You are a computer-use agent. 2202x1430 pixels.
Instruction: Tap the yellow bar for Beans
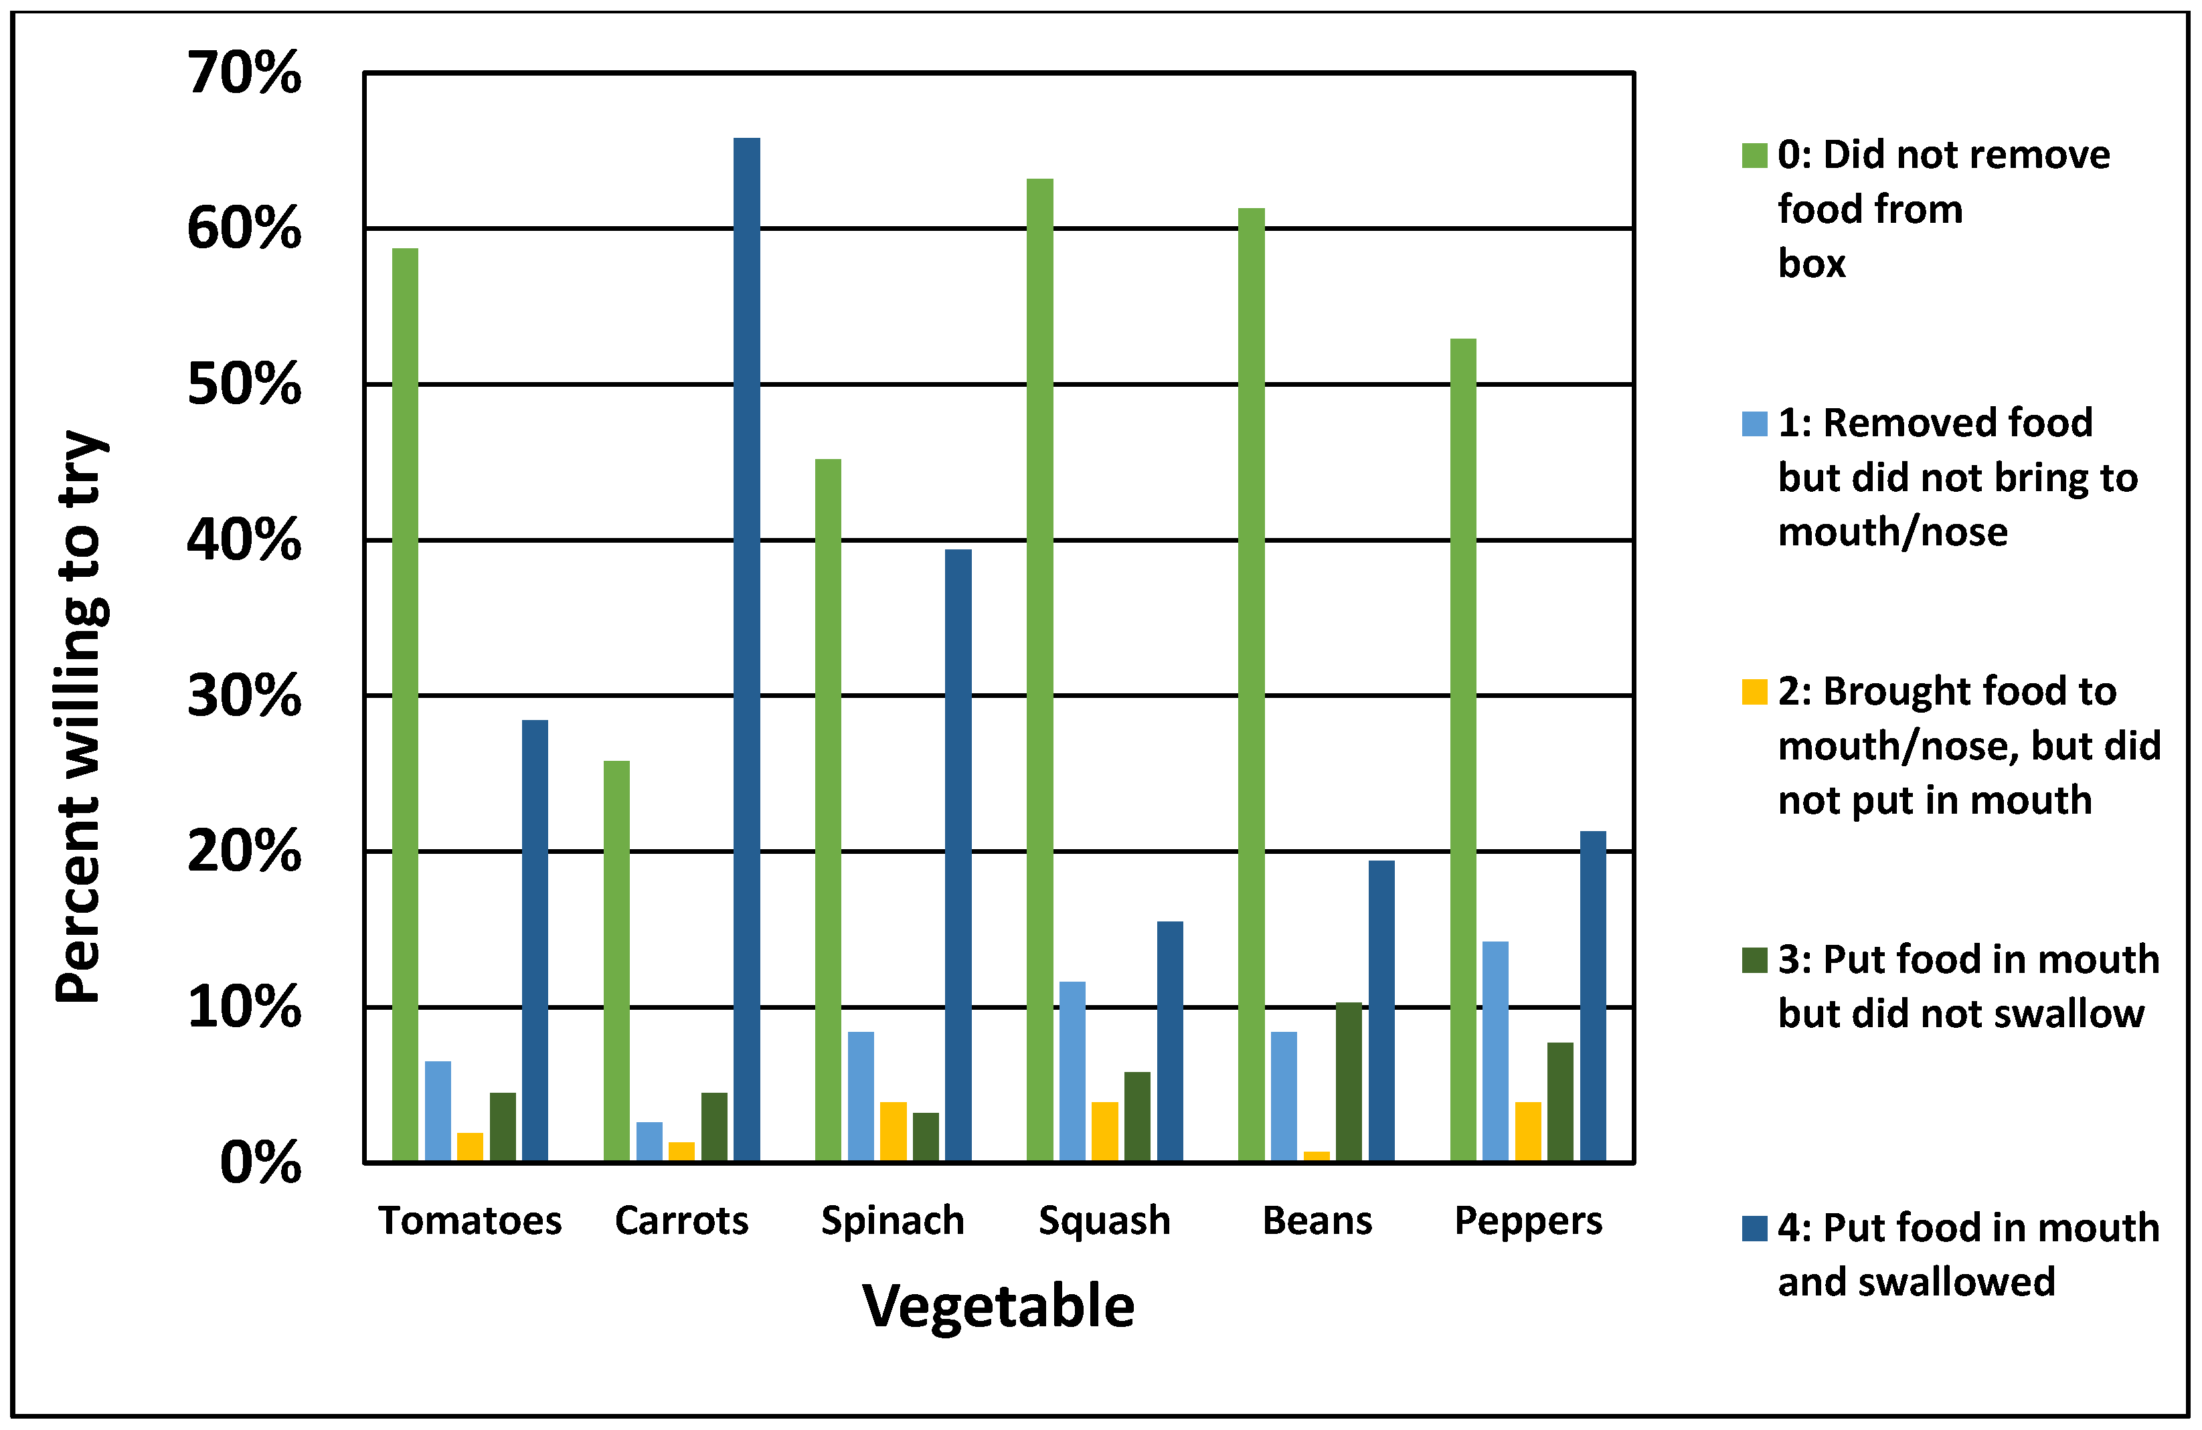[1317, 1156]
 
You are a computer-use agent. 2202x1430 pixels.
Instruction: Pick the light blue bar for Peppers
[1495, 1051]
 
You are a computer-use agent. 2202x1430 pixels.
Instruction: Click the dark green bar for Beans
[1349, 1081]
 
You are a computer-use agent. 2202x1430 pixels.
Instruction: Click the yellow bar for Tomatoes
[470, 1147]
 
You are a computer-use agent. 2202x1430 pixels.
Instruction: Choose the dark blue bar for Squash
[1169, 1041]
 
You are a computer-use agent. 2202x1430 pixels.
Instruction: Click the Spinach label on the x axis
[893, 1221]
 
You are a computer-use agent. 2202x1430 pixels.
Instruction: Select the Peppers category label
[1529, 1221]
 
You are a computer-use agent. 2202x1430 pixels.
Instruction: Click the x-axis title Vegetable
[999, 1306]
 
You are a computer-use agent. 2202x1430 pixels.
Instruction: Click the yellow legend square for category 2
[1754, 692]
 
